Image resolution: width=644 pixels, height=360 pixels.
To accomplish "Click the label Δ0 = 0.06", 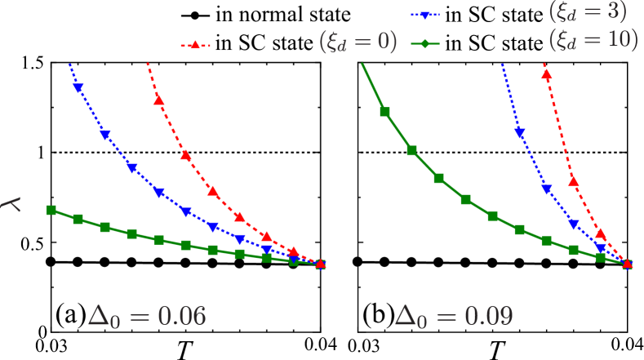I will click(147, 317).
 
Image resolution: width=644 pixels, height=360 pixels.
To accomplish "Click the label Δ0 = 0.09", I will click(453, 317).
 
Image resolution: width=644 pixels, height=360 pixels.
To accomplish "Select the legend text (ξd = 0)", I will click(358, 43).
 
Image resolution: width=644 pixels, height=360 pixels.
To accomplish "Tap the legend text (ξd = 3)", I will click(588, 12).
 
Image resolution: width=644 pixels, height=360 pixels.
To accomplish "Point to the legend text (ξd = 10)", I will click(593, 39).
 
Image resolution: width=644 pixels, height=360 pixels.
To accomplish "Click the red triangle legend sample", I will click(195, 46).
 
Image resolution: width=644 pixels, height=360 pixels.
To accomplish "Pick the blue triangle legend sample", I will click(424, 14).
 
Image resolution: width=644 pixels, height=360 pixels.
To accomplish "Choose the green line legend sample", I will click(424, 43).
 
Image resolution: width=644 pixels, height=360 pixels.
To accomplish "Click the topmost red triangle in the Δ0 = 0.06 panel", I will click(158, 100).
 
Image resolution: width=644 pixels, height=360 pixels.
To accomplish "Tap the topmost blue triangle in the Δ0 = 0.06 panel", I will click(78, 87).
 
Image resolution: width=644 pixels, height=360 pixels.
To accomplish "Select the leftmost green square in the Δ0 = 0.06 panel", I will click(51, 210).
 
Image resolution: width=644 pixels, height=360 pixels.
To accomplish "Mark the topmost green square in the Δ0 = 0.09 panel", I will click(385, 112).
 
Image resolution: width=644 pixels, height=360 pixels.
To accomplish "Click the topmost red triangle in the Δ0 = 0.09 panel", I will click(546, 75).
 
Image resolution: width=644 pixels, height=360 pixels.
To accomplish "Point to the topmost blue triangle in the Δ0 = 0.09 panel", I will click(519, 133).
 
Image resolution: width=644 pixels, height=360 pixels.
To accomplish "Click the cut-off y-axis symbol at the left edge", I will click(11, 204).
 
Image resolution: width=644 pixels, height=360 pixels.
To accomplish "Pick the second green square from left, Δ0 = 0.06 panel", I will click(78, 219).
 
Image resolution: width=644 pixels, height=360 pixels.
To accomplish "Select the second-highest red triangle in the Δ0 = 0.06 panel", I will click(186, 155).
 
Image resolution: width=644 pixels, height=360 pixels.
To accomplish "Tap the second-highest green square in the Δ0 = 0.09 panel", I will click(412, 150).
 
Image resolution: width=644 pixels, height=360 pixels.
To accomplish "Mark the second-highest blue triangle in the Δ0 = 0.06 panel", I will click(105, 136).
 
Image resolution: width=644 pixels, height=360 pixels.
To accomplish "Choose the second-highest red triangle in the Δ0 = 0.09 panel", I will click(573, 180).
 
